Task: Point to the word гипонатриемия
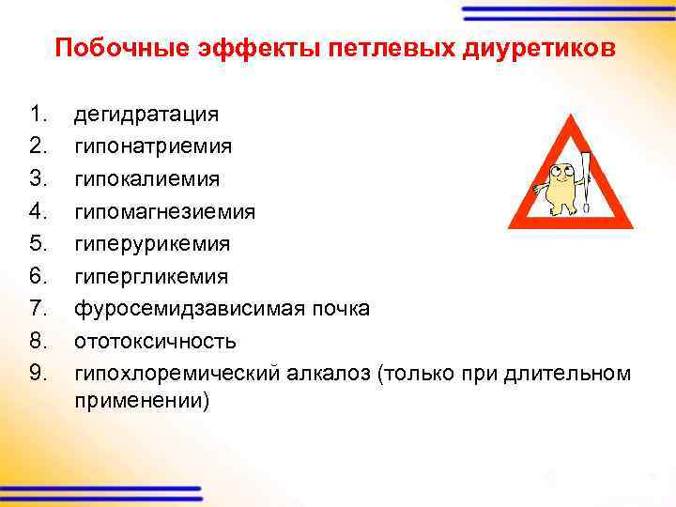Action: coord(154,147)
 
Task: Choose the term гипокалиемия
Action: coord(147,179)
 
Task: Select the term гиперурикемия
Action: coord(152,244)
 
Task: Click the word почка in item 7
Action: coord(344,309)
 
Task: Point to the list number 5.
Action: coord(38,244)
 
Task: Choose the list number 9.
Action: coord(38,374)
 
